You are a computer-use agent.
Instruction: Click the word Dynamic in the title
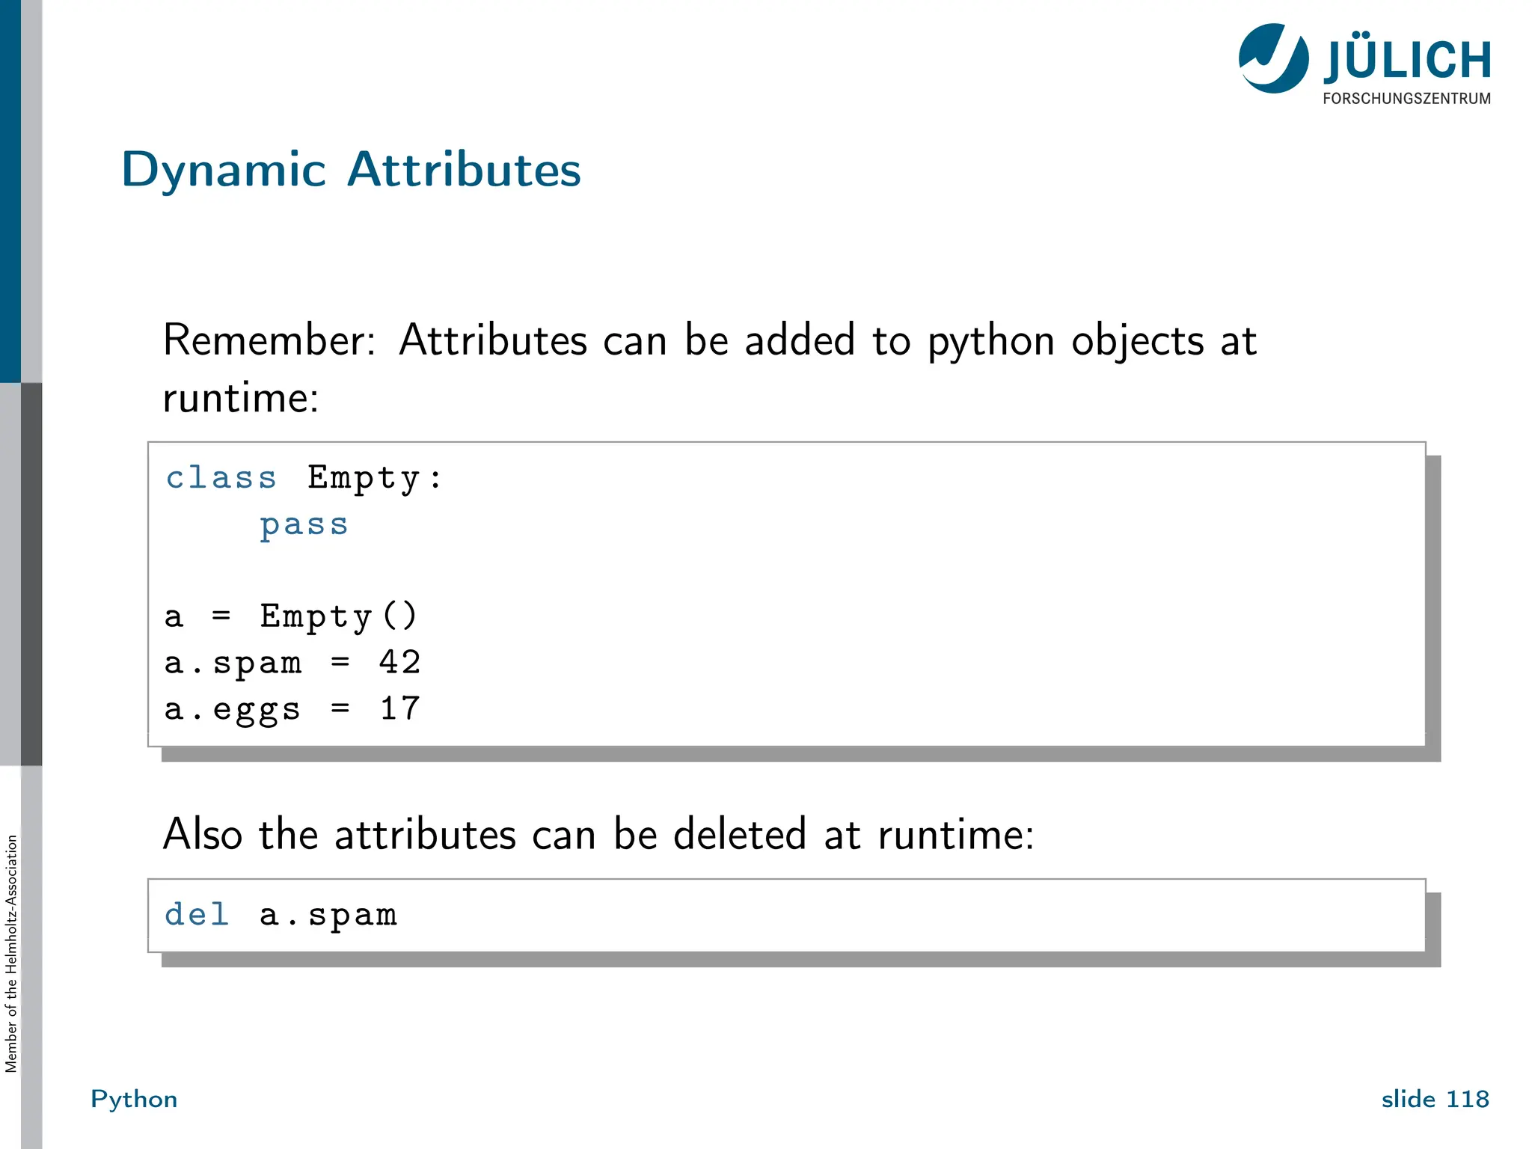pos(224,171)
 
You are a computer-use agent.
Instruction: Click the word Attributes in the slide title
pos(464,169)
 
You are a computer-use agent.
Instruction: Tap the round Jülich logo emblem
pos(1273,58)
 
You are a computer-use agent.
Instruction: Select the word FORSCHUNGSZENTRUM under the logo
pos(1406,99)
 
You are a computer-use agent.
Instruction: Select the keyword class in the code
pos(221,477)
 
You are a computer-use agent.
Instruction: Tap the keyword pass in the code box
pos(304,525)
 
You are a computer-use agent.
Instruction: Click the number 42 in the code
pos(399,663)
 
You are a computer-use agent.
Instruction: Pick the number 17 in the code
pos(399,709)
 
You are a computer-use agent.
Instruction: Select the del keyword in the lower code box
pos(197,915)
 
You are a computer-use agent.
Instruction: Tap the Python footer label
pos(134,1099)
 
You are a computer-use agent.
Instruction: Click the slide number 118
pos(1467,1099)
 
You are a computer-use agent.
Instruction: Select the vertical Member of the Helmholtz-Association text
pos(11,954)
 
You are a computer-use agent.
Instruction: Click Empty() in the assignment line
pos(338,617)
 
